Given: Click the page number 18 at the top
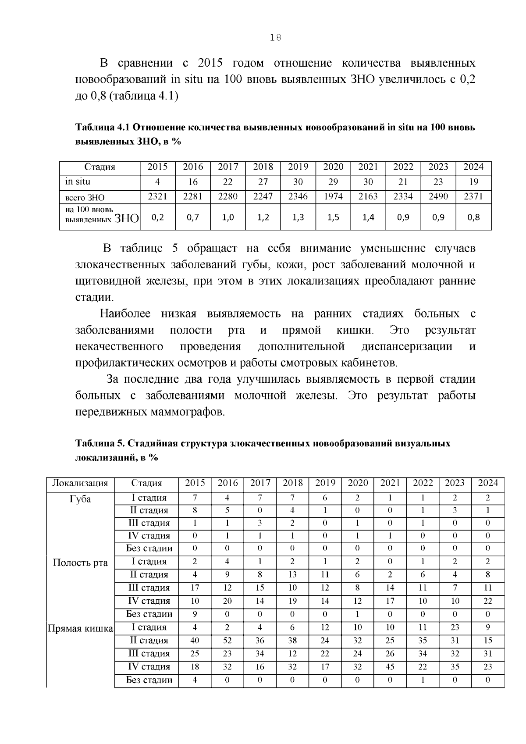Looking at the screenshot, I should pos(275,38).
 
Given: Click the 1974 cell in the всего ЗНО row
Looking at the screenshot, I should pos(333,196).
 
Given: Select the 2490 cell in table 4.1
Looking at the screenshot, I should pos(438,196).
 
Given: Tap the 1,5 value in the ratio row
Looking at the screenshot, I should pos(333,217).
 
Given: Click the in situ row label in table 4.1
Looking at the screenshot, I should pos(78,182).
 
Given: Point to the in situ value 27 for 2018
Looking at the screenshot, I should pos(263,182).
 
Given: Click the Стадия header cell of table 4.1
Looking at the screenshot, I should pos(100,167).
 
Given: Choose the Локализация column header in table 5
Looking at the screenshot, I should pos(80,483).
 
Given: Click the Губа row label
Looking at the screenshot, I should pos(80,499).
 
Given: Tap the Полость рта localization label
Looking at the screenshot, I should pos(80,562).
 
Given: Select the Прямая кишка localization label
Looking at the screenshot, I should pos(80,629).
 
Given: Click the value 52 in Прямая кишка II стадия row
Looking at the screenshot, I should pos(227,640).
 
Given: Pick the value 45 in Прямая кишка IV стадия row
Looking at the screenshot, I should pos(390,666).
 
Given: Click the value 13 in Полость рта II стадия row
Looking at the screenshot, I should pos(292,574).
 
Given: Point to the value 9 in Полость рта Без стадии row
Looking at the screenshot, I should pos(195,614).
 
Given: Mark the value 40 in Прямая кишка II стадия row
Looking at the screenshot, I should pos(195,640).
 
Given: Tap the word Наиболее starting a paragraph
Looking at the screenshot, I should pos(125,314).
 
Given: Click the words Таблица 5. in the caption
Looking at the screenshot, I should pos(100,443).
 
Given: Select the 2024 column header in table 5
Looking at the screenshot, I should pos(487,483).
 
